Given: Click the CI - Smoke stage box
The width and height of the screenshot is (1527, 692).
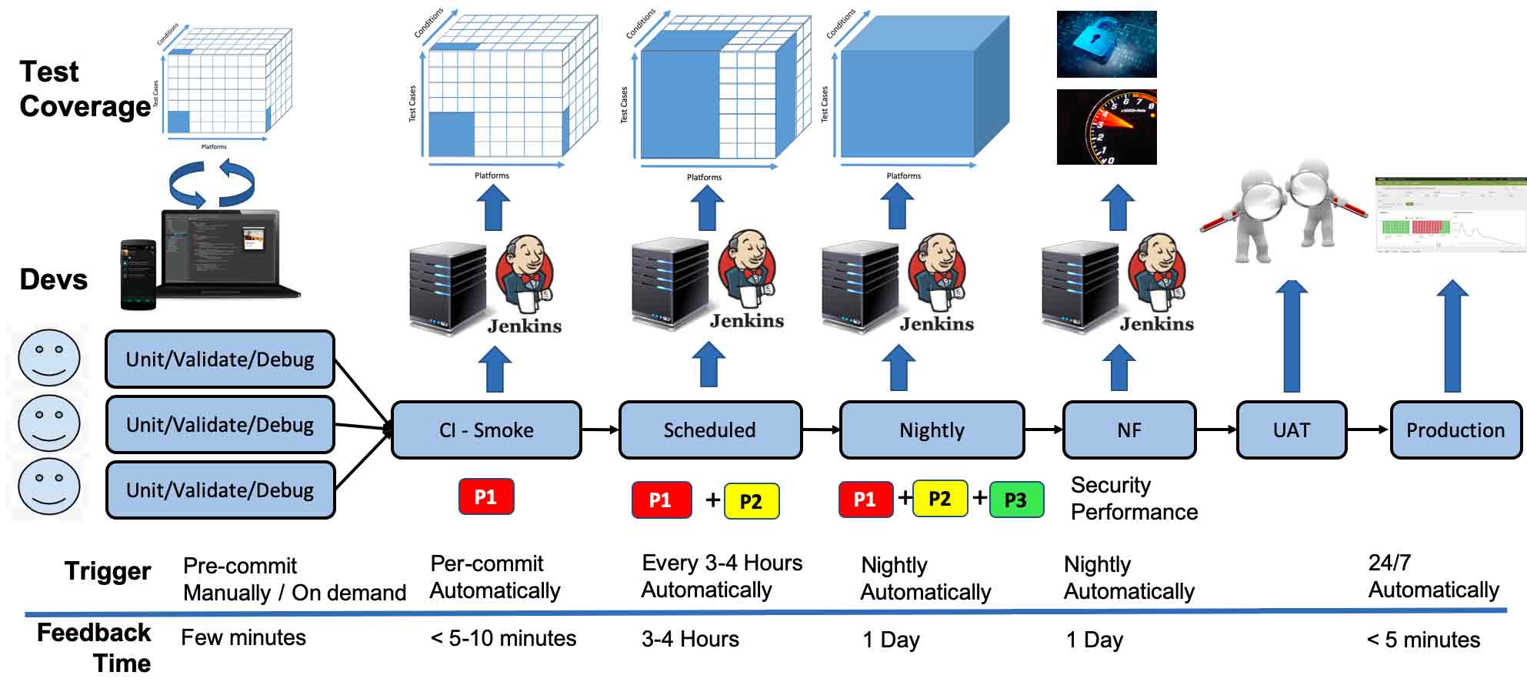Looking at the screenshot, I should (x=486, y=430).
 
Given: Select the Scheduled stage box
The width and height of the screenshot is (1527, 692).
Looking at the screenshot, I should (x=710, y=430).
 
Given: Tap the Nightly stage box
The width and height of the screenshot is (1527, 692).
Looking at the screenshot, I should (x=932, y=430).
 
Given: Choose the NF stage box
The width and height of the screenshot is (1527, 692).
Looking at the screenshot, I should (x=1129, y=430).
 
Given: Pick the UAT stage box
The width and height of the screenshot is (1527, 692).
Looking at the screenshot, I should (x=1291, y=430).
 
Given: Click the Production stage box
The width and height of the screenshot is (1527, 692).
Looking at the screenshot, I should (x=1455, y=430).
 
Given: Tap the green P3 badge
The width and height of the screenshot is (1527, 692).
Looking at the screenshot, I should (x=1015, y=500).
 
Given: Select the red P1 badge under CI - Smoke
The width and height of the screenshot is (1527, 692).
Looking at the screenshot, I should (x=485, y=497).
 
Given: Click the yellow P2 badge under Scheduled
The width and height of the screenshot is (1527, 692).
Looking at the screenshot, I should (x=751, y=501).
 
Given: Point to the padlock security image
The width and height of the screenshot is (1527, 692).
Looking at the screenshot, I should (x=1106, y=44).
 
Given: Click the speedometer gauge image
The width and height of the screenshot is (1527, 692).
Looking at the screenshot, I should (x=1106, y=127).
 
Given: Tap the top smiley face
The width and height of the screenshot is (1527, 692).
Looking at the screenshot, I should (x=49, y=359).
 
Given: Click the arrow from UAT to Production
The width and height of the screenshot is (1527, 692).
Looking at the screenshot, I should (x=1368, y=430).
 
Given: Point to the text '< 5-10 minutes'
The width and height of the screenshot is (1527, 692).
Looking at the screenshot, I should (x=503, y=638).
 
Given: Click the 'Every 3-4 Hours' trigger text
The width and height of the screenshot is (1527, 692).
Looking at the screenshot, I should (x=722, y=563).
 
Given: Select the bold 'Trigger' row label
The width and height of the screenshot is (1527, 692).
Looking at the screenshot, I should (x=108, y=571).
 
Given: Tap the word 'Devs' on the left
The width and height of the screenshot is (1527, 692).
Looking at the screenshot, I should (x=54, y=279).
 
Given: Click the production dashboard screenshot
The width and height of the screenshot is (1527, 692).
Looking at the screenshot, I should (x=1450, y=215).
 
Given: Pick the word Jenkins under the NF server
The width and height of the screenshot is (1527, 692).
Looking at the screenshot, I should (x=1156, y=324).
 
